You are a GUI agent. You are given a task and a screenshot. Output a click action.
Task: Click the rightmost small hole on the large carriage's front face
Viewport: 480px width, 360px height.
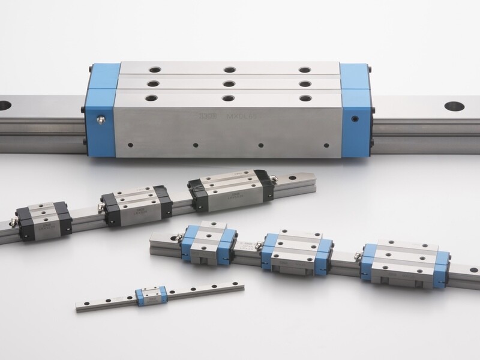pos(326,145)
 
